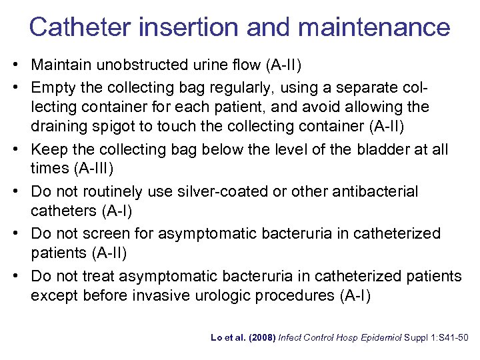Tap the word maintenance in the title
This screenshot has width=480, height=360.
[x=374, y=27]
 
